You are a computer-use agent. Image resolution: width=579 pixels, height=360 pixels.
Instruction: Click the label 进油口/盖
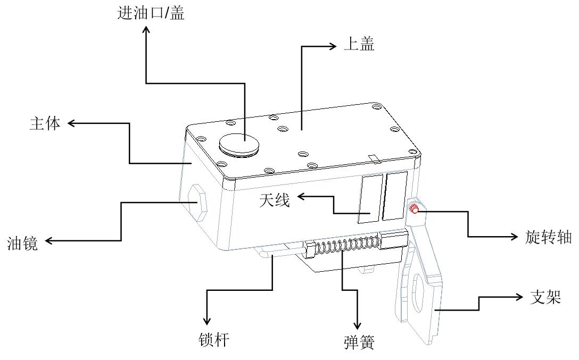coord(151,13)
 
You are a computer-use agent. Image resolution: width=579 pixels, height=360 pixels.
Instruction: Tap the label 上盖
coord(359,45)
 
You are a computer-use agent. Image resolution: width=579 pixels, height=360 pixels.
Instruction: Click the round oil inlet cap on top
coord(240,144)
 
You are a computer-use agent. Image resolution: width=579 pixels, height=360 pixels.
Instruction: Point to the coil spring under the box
coord(344,246)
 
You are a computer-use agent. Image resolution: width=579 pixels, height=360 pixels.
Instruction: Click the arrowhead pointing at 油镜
coord(49,241)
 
